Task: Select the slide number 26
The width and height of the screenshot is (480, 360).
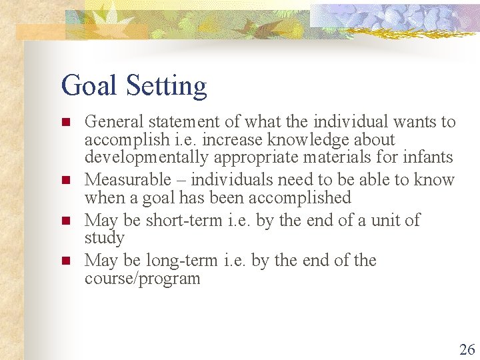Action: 467,349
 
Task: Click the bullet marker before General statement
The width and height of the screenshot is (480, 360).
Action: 65,123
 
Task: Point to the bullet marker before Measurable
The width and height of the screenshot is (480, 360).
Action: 65,181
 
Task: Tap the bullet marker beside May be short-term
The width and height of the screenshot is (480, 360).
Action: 65,221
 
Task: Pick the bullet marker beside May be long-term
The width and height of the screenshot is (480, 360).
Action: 65,261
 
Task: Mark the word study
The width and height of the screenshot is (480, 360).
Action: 105,238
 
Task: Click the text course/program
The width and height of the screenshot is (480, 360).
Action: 142,278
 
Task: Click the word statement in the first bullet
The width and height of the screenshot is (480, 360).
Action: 176,122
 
